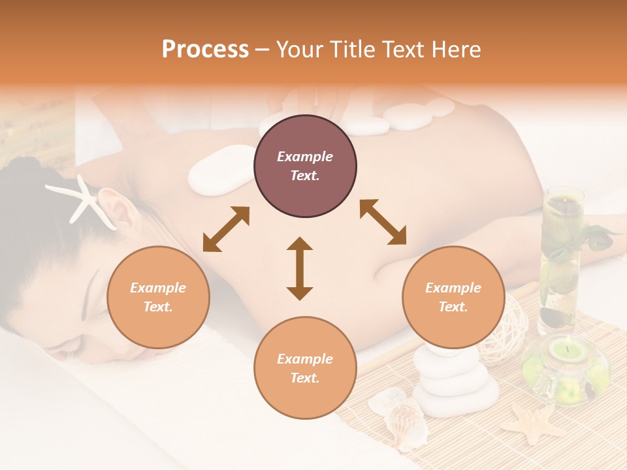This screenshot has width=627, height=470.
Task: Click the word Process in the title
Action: point(205,50)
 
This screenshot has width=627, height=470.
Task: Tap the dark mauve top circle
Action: point(305,166)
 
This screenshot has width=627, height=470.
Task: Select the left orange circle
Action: point(158,297)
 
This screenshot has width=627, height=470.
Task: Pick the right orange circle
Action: point(453,297)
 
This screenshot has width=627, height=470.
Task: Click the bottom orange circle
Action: point(305,368)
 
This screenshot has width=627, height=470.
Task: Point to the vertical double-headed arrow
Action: point(300,268)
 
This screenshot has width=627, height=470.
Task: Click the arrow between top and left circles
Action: point(226,229)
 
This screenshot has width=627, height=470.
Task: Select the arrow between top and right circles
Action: point(383,222)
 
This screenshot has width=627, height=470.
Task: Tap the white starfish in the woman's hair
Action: point(82,198)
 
